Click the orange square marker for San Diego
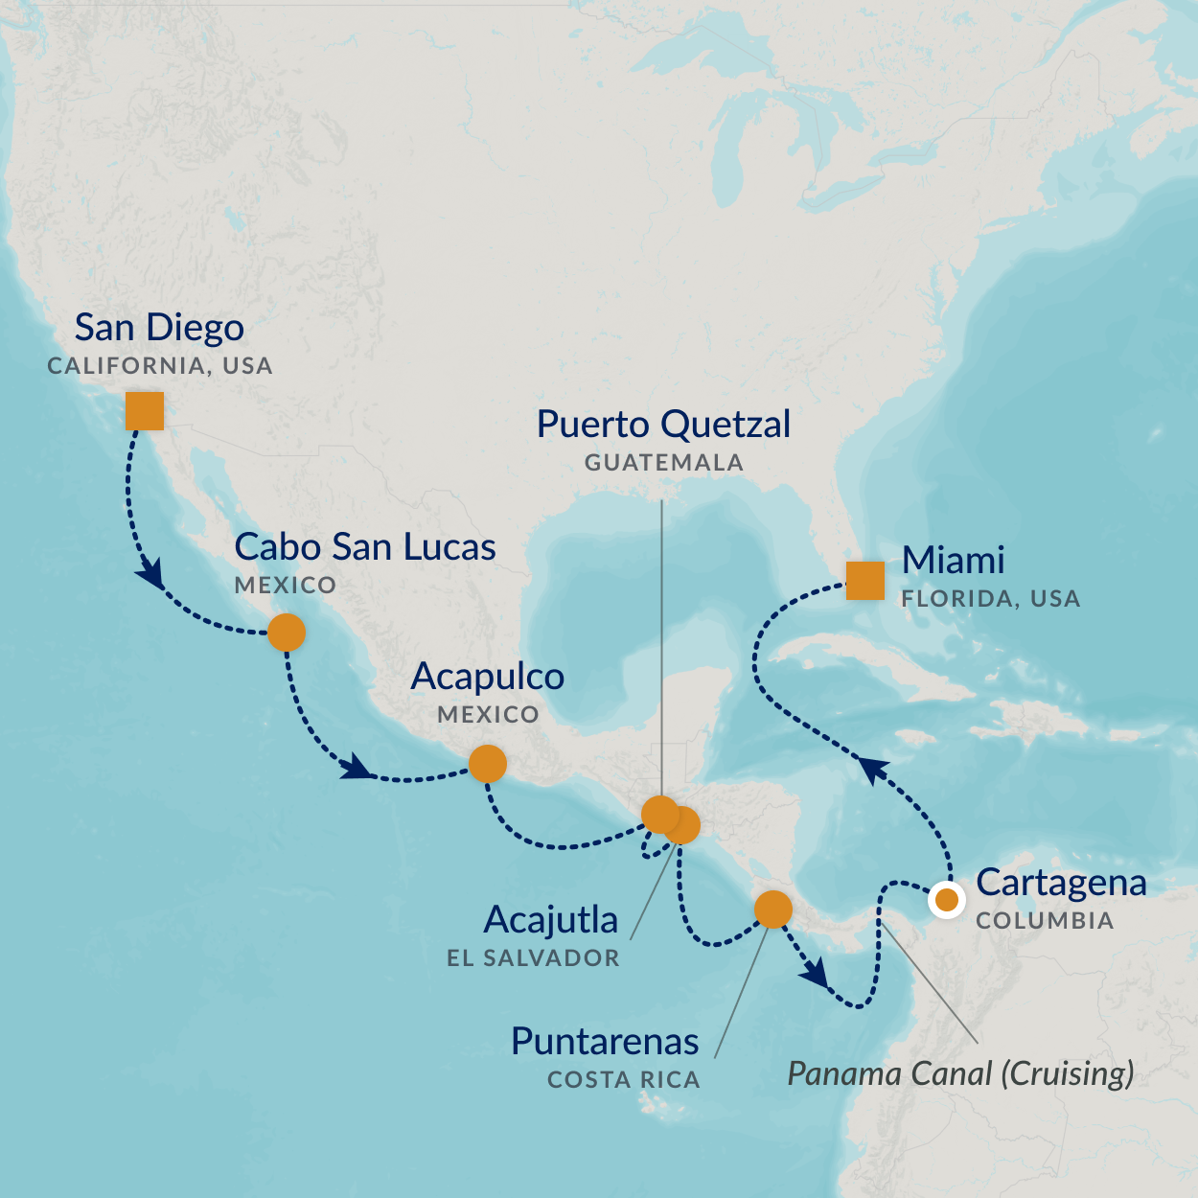click(145, 411)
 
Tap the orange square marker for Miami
click(865, 580)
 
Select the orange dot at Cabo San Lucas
click(287, 633)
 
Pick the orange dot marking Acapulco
click(487, 764)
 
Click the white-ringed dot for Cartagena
click(947, 900)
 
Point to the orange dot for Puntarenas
click(772, 909)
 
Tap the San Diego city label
click(159, 328)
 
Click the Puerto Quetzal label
click(663, 425)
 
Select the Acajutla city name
click(551, 920)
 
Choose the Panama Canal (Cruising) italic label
click(960, 1073)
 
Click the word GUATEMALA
click(664, 463)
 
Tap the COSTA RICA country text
click(624, 1080)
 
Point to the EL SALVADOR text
click(533, 958)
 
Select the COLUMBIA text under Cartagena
click(1045, 921)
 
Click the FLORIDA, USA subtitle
click(991, 599)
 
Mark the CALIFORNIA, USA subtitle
click(160, 366)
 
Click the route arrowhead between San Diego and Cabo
click(150, 576)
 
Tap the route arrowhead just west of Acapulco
click(357, 767)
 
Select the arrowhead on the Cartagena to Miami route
click(872, 770)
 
